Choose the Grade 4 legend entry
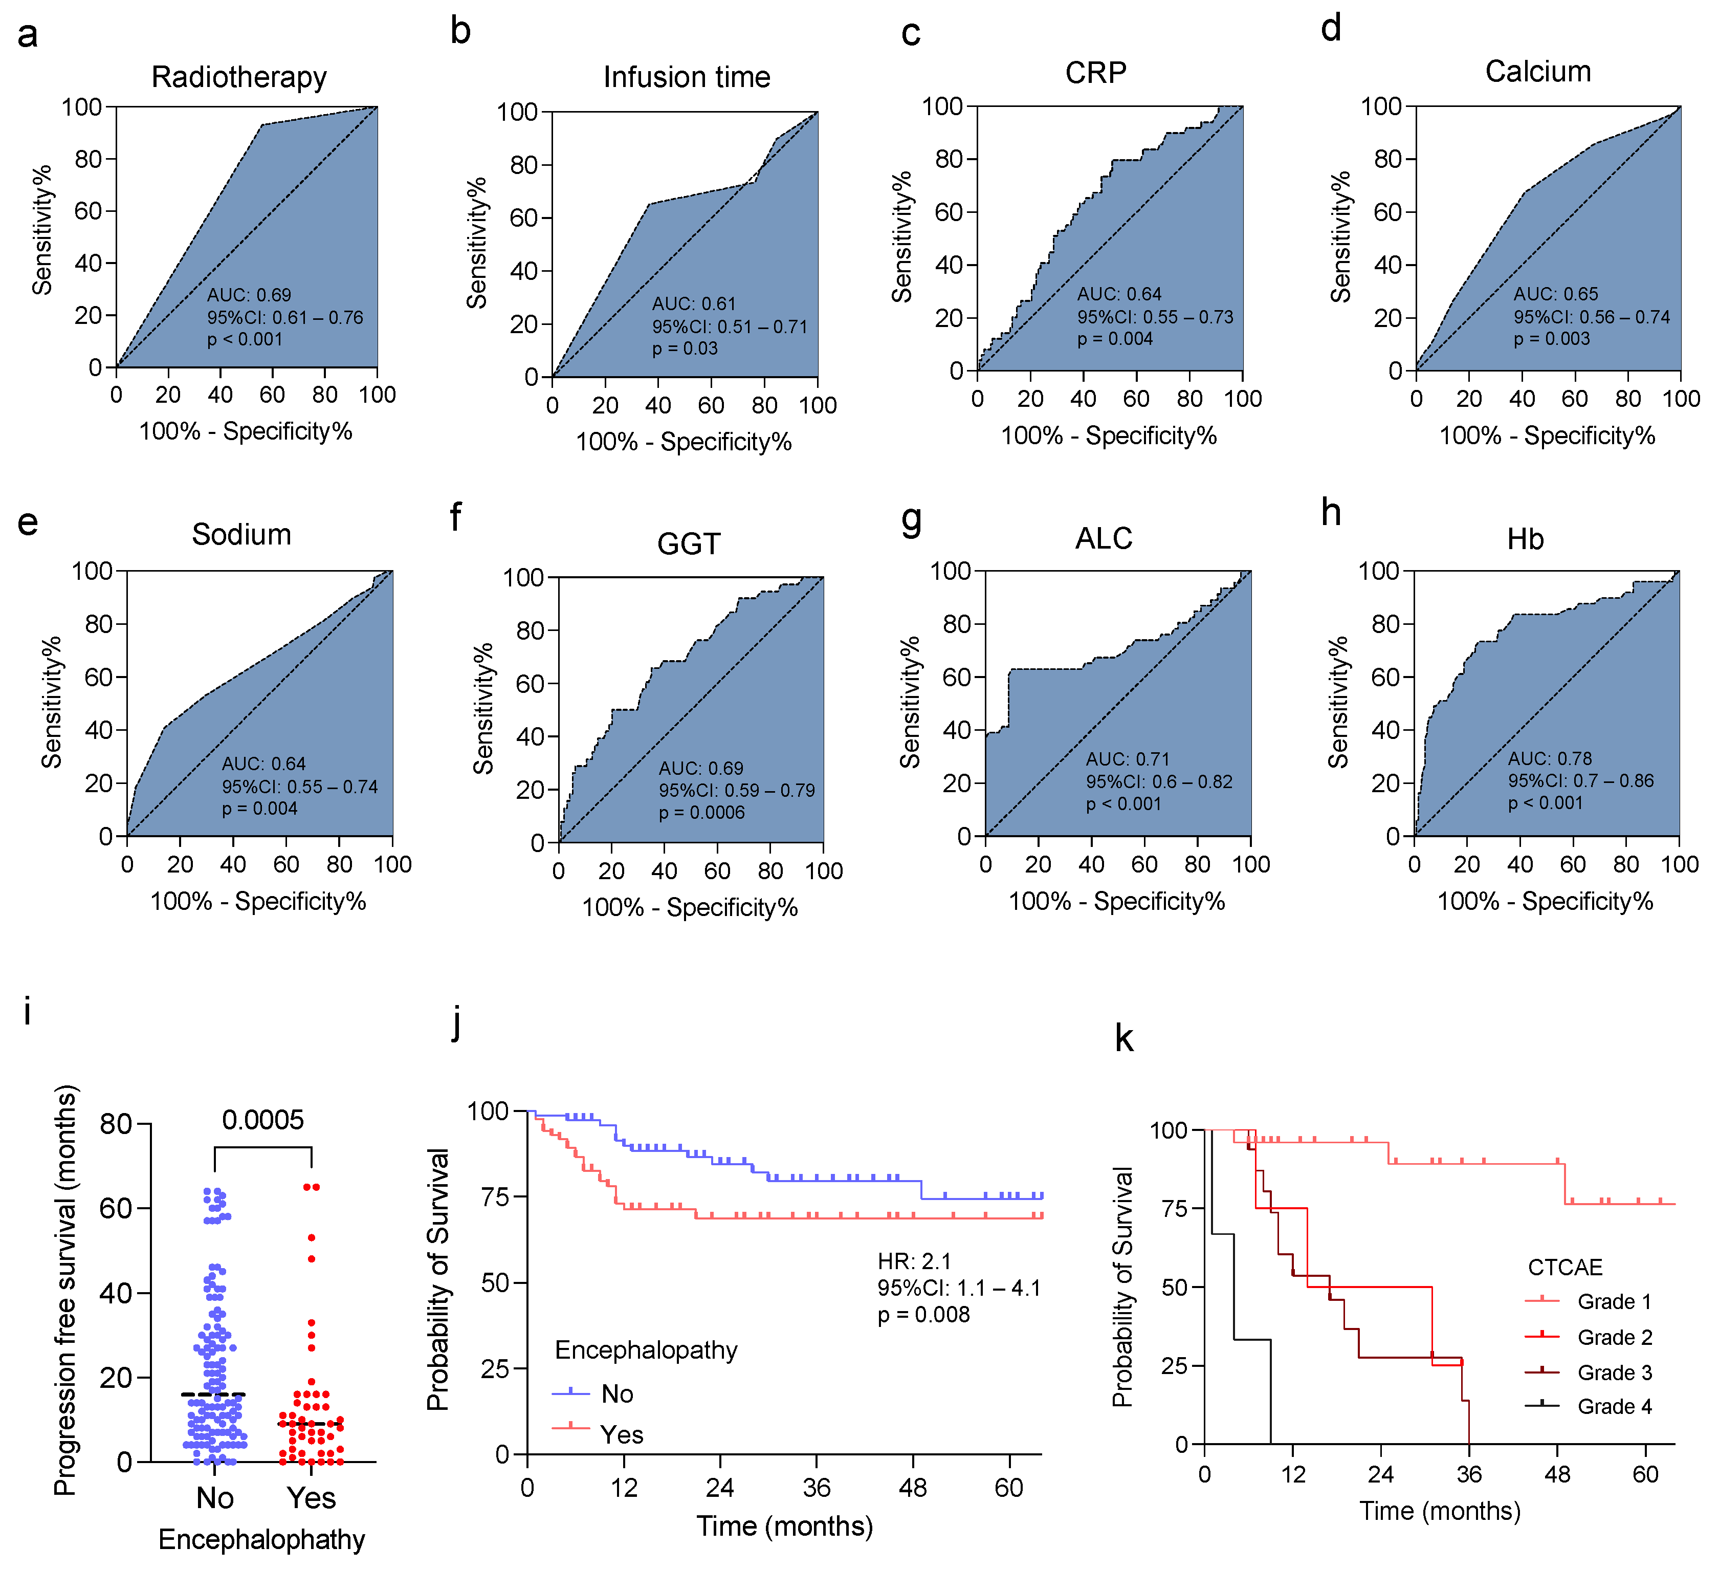point(1614,1406)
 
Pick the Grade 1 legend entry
point(1614,1301)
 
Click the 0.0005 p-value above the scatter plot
point(262,1120)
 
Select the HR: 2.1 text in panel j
point(914,1261)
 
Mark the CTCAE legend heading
point(1564,1267)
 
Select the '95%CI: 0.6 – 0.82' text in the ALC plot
point(1159,781)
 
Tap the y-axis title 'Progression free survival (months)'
point(65,1289)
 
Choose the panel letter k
point(1124,1039)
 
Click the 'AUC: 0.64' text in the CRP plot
point(1119,294)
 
